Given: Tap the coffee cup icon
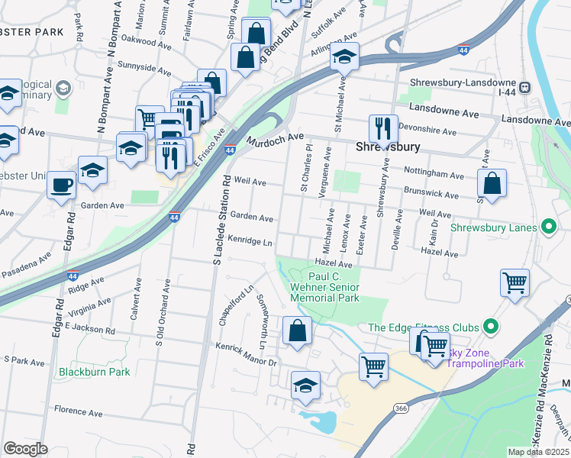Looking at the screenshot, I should click(61, 184).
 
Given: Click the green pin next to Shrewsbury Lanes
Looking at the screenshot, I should click(547, 227).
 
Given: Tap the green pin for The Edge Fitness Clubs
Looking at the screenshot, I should click(491, 327).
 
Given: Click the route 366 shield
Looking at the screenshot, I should click(401, 409).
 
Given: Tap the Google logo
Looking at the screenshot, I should click(25, 449).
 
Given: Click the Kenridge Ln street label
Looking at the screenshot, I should click(250, 241).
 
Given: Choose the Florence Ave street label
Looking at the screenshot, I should click(79, 413).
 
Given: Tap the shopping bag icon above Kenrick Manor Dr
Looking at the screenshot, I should click(297, 331).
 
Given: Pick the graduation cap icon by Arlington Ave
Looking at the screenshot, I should click(345, 57).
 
